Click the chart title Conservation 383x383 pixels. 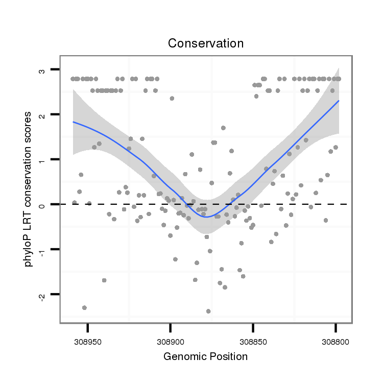(x=206, y=43)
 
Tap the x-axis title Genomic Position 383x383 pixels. (x=206, y=356)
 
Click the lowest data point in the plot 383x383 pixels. (x=208, y=311)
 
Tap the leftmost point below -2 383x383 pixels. (x=84, y=307)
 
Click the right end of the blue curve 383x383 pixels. (x=338, y=101)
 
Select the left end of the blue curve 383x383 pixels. (x=73, y=122)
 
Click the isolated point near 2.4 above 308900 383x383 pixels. (x=172, y=98)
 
